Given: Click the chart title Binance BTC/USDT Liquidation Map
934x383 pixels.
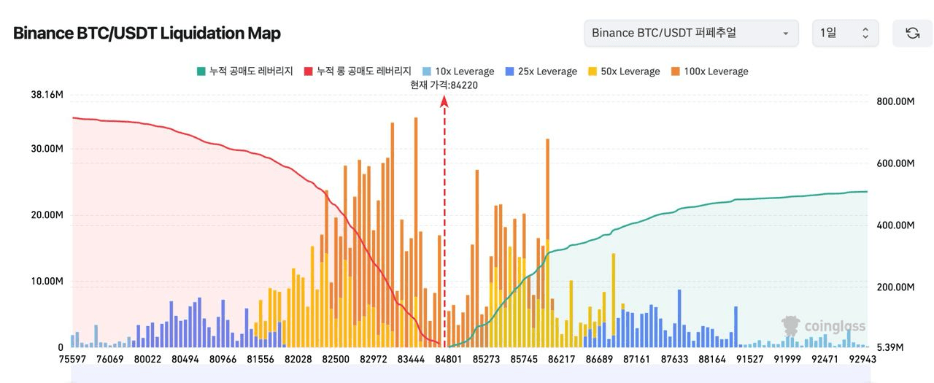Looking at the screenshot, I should click(147, 34).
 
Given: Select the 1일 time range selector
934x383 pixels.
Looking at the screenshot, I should click(844, 34).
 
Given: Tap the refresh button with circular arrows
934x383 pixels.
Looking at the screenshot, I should click(912, 34).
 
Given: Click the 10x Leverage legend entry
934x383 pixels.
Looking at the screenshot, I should click(458, 71).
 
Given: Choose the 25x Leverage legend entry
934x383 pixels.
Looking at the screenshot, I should click(541, 71).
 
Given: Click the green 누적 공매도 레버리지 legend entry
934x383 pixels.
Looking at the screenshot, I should click(244, 71).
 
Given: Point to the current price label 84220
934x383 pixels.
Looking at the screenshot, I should click(444, 85).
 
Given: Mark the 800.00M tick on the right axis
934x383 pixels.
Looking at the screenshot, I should click(895, 101).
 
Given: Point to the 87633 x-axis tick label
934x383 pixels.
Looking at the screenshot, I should click(674, 359).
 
